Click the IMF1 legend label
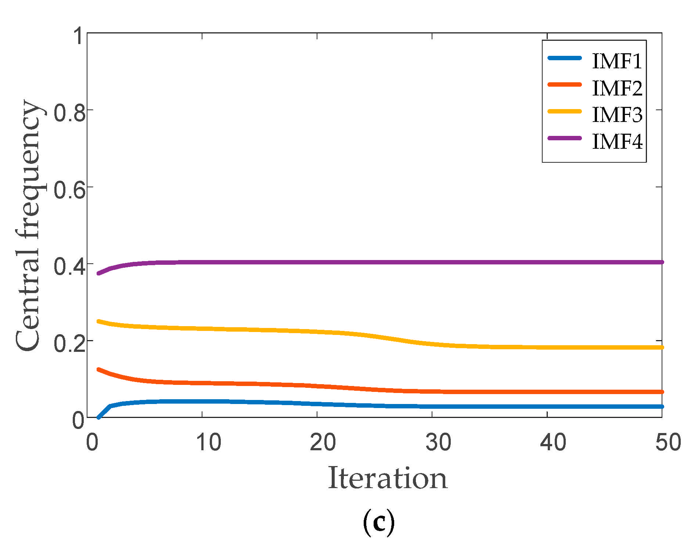point(617,61)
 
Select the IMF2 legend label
point(617,88)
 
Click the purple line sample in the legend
point(565,138)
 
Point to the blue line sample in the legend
point(565,58)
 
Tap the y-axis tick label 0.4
point(69,267)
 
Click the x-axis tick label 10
point(208,442)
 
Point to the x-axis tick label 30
point(438,442)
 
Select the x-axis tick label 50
point(668,442)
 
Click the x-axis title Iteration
point(388,479)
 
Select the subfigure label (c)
point(379,523)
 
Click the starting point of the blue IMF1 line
point(98,417)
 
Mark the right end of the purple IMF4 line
point(662,262)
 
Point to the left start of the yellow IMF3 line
point(98,321)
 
